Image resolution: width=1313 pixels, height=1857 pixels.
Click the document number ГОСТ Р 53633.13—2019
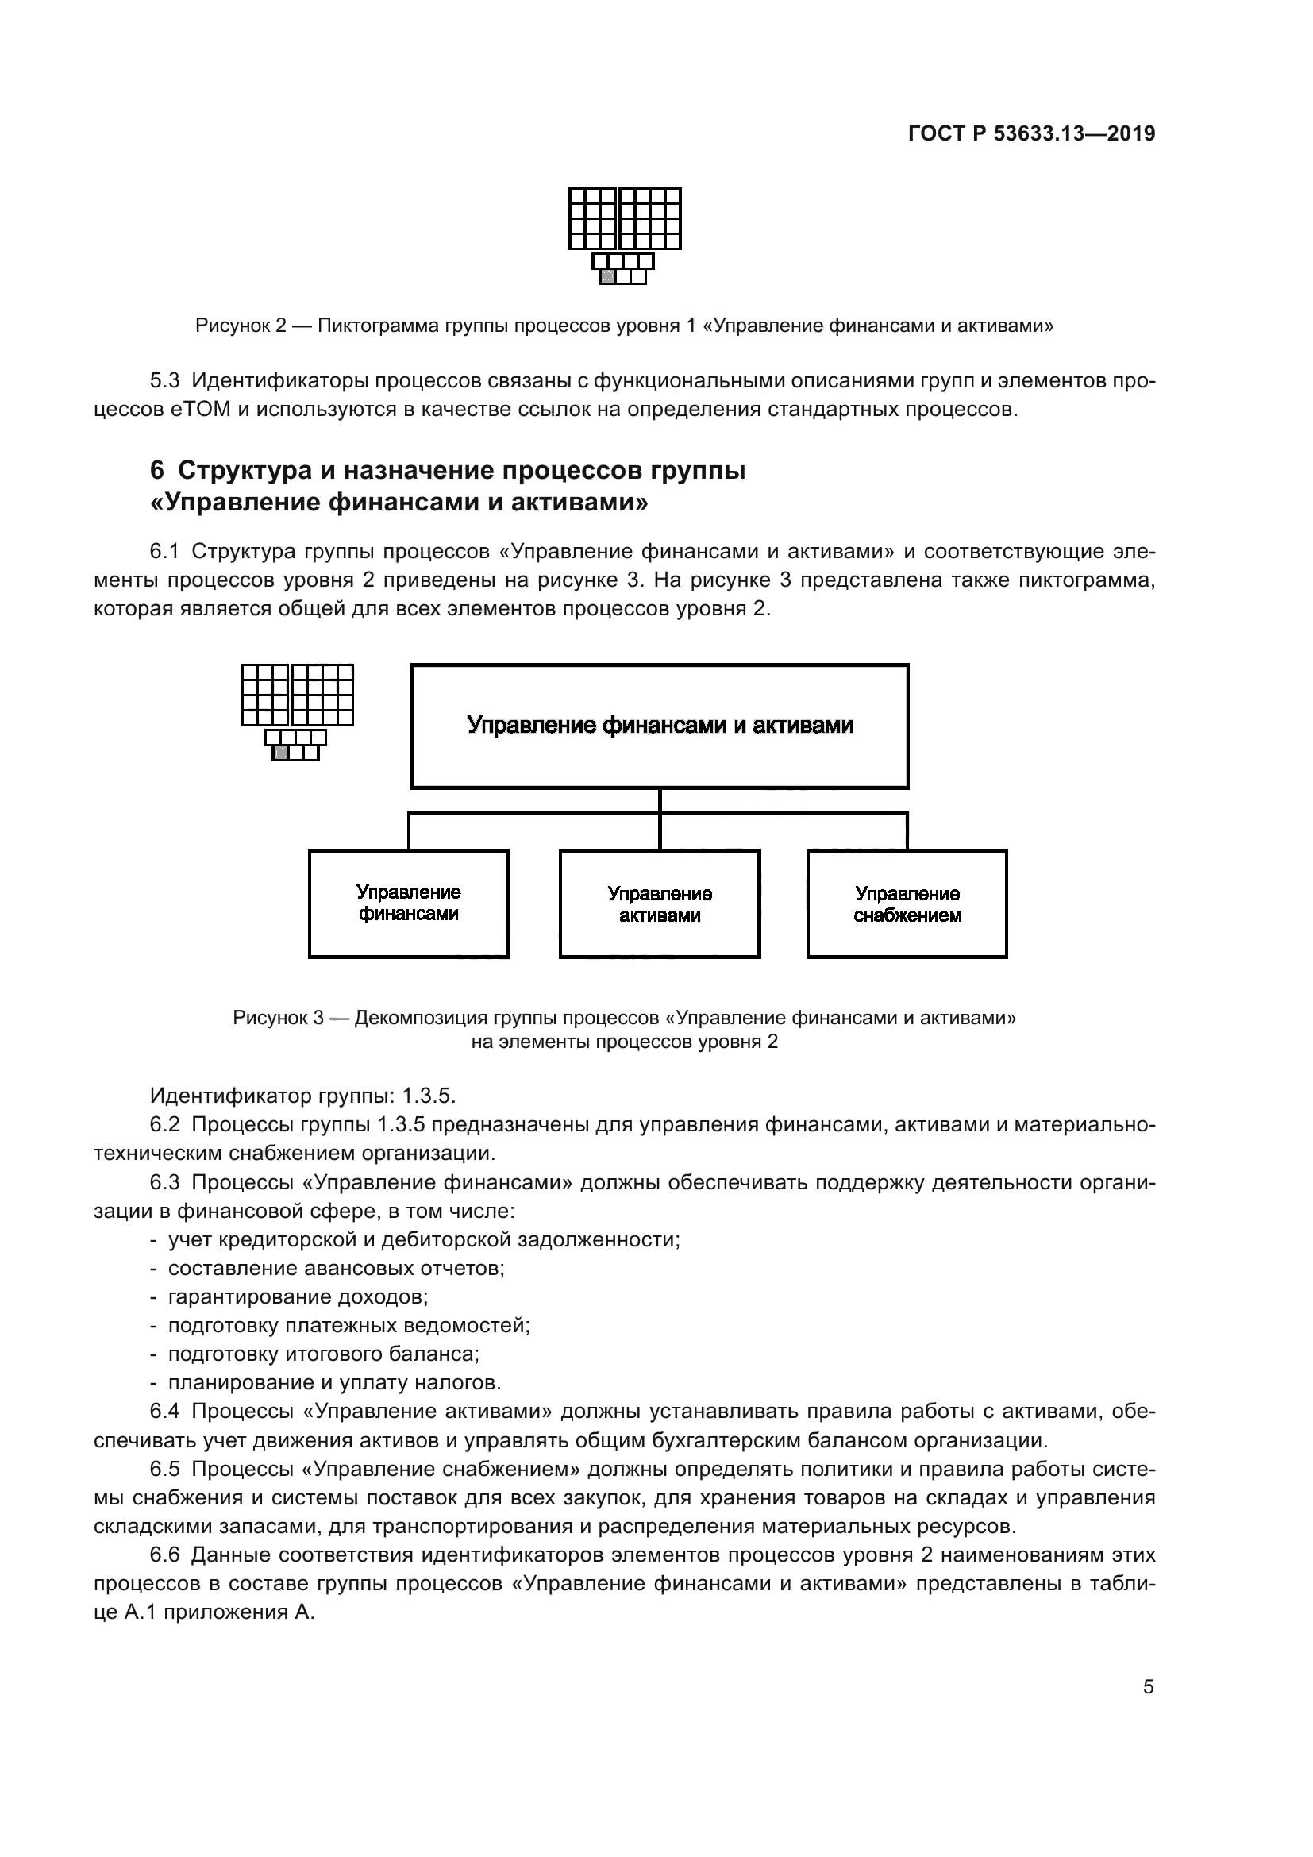point(1031,134)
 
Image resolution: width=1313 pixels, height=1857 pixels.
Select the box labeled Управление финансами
point(408,903)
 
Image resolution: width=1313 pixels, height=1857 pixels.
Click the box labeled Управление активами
point(660,903)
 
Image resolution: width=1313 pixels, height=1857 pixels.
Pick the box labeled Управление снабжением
point(907,903)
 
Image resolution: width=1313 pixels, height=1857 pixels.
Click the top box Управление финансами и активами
point(660,726)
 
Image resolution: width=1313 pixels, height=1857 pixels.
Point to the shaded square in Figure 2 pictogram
point(608,276)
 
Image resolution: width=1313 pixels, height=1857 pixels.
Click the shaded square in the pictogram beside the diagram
point(280,753)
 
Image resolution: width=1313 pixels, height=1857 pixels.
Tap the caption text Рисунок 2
point(241,326)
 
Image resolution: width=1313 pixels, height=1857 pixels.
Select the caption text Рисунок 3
point(278,1018)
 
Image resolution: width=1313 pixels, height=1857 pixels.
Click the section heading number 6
point(157,471)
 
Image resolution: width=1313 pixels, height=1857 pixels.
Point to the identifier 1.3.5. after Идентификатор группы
point(429,1096)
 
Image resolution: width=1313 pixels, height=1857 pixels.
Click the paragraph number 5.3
point(164,380)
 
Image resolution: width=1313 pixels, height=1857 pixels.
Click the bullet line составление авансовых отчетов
point(336,1268)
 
